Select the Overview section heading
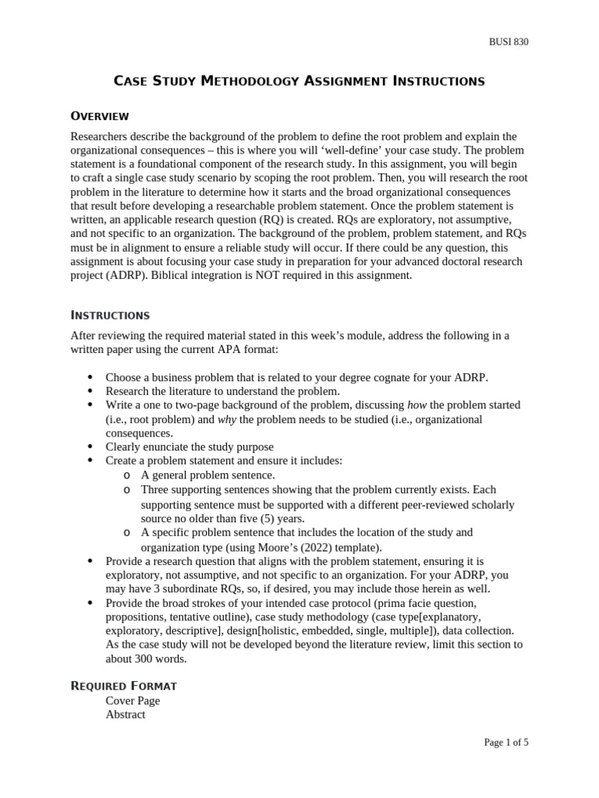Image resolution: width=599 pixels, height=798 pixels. pos(99,116)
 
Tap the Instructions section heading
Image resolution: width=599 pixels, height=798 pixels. pos(110,316)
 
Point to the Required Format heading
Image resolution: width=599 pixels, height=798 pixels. pos(123,686)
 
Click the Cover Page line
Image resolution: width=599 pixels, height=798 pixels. pos(133,701)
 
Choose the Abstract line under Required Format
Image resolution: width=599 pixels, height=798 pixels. pos(126,715)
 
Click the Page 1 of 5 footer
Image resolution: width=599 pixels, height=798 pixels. pos(505,743)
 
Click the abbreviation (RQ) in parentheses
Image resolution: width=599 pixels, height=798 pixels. pos(274,220)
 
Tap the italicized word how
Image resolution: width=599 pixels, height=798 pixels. pos(418,405)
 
